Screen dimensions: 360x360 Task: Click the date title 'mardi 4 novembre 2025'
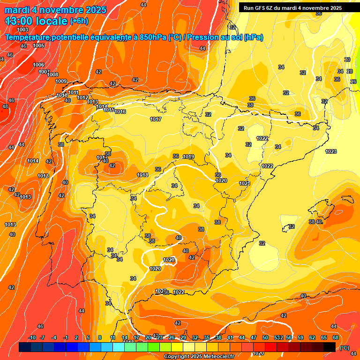click(x=56, y=10)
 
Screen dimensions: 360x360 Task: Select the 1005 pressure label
click(x=38, y=45)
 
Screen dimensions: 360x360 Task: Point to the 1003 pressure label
click(x=22, y=30)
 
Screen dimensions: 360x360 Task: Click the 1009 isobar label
click(x=61, y=81)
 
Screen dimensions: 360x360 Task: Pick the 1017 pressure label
click(x=156, y=120)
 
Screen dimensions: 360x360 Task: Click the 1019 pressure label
click(x=188, y=157)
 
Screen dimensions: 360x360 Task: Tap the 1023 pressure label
click(x=331, y=151)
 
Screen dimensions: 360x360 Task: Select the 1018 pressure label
click(x=142, y=175)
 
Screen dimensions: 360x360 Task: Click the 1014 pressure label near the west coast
click(x=33, y=161)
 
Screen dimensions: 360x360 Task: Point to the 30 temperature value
click(x=347, y=60)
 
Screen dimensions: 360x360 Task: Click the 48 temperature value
click(x=5, y=106)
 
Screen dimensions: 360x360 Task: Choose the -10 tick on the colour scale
click(x=32, y=337)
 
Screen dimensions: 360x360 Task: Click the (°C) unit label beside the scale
click(x=345, y=347)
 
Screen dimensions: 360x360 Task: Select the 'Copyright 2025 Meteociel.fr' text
click(x=199, y=357)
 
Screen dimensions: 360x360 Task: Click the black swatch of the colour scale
click(x=330, y=347)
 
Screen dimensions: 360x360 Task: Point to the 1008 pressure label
click(x=52, y=75)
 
